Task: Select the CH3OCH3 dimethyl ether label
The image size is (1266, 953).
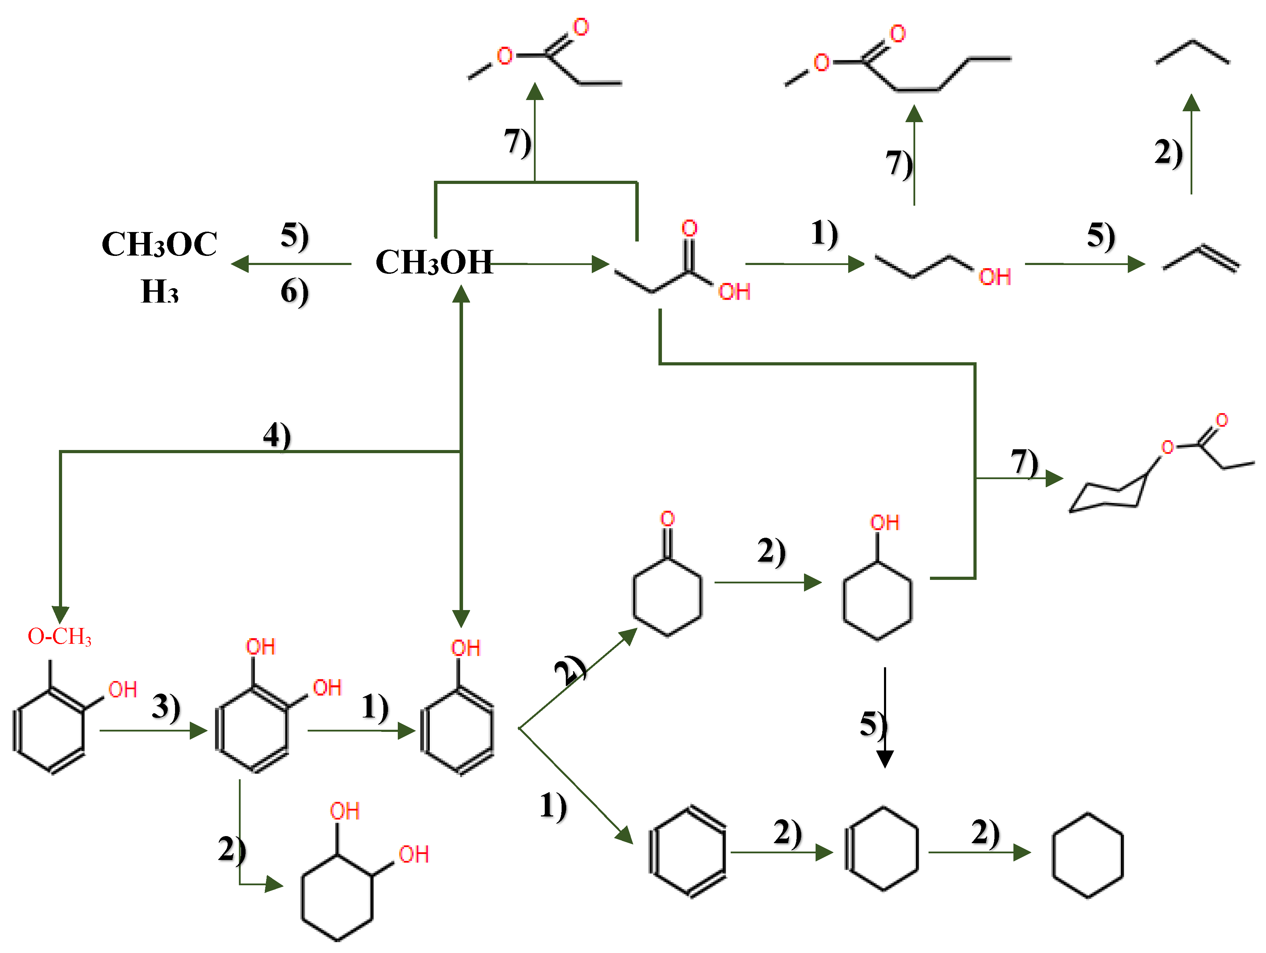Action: pos(159,266)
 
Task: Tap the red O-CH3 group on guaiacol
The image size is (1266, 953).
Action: pos(60,636)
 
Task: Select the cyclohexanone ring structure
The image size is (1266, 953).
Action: pos(667,596)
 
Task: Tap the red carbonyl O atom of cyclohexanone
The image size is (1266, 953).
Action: pos(667,519)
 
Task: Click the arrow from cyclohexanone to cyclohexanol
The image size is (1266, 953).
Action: pos(767,582)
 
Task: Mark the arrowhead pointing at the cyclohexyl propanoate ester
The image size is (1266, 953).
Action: pos(1054,478)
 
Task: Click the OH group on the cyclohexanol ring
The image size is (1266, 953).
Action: pos(884,522)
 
